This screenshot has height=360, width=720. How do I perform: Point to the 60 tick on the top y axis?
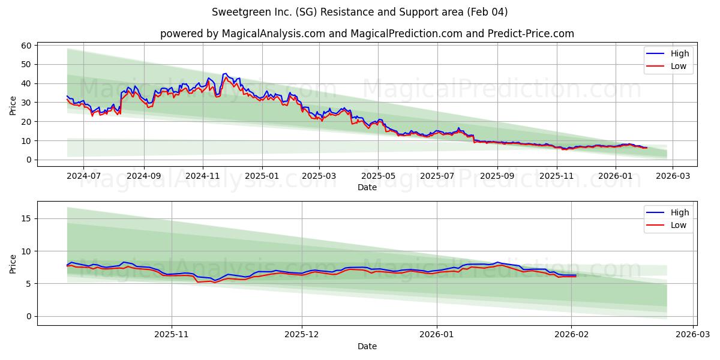pyautogui.click(x=26, y=46)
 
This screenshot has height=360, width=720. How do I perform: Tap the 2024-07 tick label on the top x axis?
pyautogui.click(x=83, y=176)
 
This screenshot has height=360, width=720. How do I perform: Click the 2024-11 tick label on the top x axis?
pyautogui.click(x=203, y=176)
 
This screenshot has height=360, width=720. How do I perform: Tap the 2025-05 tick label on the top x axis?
pyautogui.click(x=378, y=176)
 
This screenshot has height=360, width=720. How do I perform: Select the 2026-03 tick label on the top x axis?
pyautogui.click(x=672, y=176)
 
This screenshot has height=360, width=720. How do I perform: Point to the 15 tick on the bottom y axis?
pyautogui.click(x=26, y=218)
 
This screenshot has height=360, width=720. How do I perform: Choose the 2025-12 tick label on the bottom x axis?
pyautogui.click(x=302, y=335)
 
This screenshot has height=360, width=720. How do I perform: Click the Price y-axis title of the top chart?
pyautogui.click(x=13, y=104)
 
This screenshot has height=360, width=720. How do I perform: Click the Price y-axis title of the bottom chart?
pyautogui.click(x=13, y=263)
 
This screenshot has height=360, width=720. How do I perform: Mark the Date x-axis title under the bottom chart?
pyautogui.click(x=367, y=346)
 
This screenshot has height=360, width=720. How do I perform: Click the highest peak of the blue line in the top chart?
pyautogui.click(x=225, y=73)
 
